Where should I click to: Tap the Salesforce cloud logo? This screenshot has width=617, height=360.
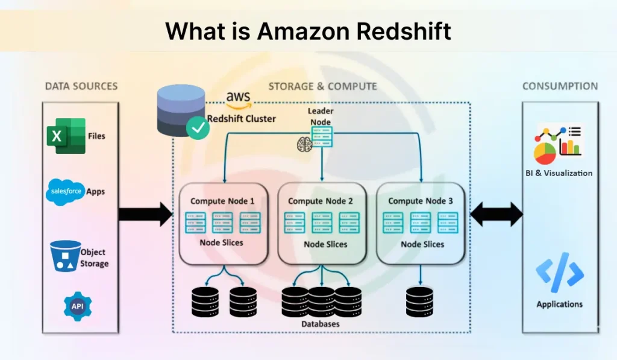pos(65,192)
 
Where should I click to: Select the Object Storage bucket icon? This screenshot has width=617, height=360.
pos(65,257)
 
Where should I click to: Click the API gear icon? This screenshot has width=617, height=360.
pos(77,306)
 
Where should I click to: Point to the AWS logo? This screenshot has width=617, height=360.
pos(239,99)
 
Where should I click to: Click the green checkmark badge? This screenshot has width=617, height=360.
pos(198,127)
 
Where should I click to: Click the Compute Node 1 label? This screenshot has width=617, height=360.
pos(222,201)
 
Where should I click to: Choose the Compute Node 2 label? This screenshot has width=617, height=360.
pos(321,201)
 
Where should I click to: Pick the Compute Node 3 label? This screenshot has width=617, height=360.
pos(420,201)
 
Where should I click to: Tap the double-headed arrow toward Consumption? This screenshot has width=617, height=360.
pos(496,215)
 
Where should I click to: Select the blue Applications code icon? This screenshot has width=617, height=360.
pos(560,273)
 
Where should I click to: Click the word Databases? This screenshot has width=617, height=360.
pos(321,324)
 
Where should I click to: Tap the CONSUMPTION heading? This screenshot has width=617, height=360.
pos(560,86)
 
